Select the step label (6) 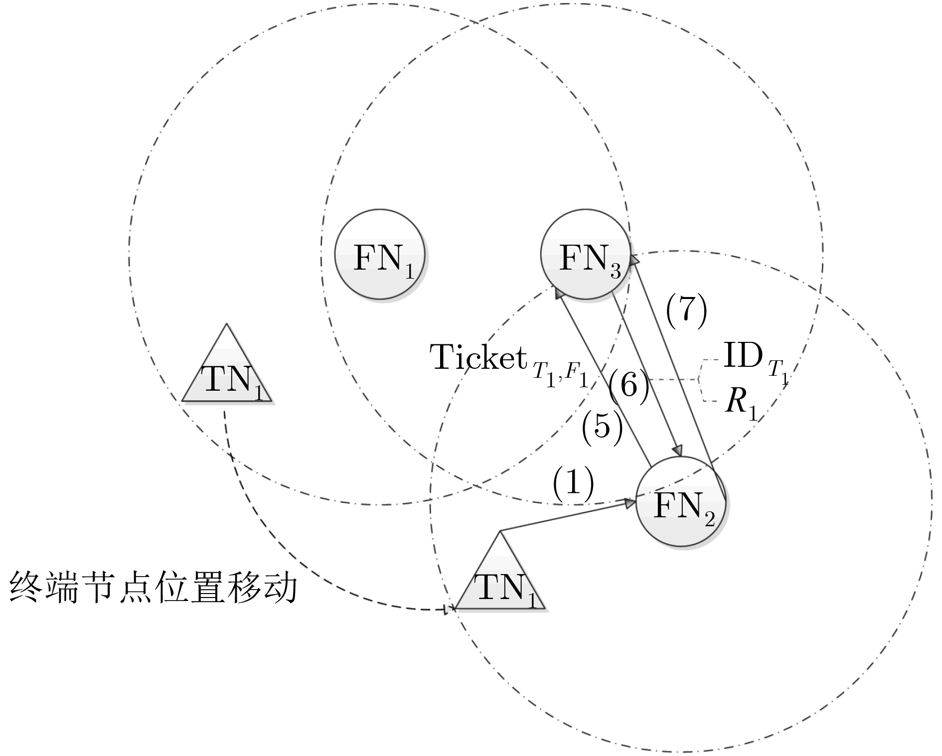click(x=628, y=385)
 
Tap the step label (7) click(x=686, y=311)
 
